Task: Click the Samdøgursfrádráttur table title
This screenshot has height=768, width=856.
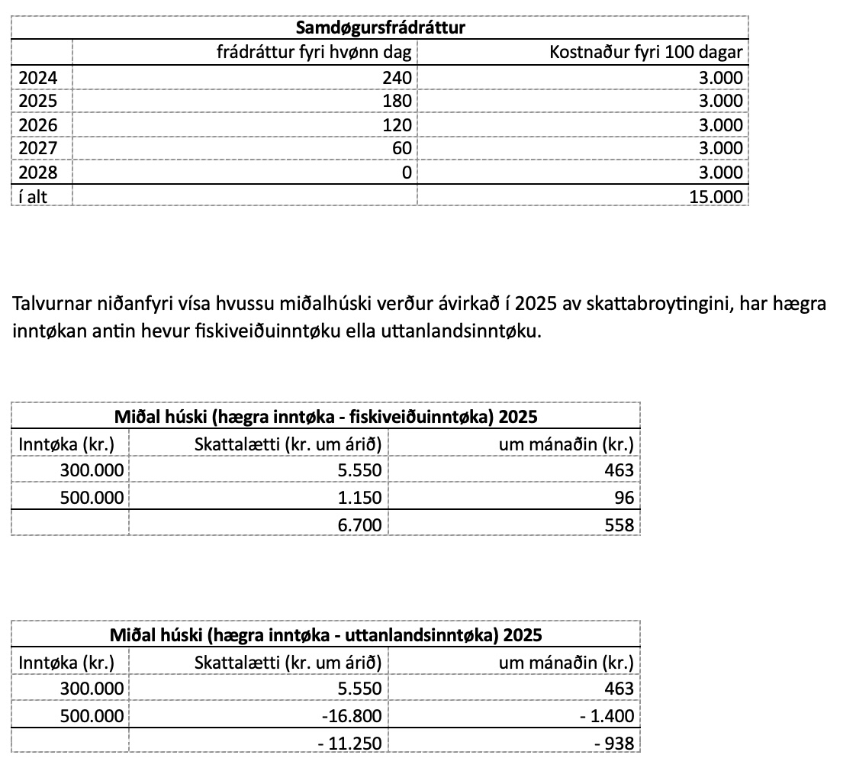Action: click(x=380, y=29)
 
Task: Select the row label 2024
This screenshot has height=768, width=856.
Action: click(x=37, y=77)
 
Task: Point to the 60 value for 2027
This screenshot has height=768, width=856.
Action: click(x=401, y=148)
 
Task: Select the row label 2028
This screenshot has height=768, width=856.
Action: click(x=37, y=173)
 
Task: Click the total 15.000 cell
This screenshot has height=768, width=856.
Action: click(x=715, y=196)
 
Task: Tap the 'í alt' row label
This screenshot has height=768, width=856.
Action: click(x=33, y=196)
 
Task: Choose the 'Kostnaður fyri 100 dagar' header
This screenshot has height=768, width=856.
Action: click(x=645, y=53)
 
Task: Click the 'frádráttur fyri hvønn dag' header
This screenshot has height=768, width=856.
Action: click(x=314, y=53)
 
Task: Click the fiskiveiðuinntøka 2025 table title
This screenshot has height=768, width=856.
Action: click(x=326, y=418)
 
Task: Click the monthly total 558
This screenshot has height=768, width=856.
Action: click(x=619, y=524)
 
